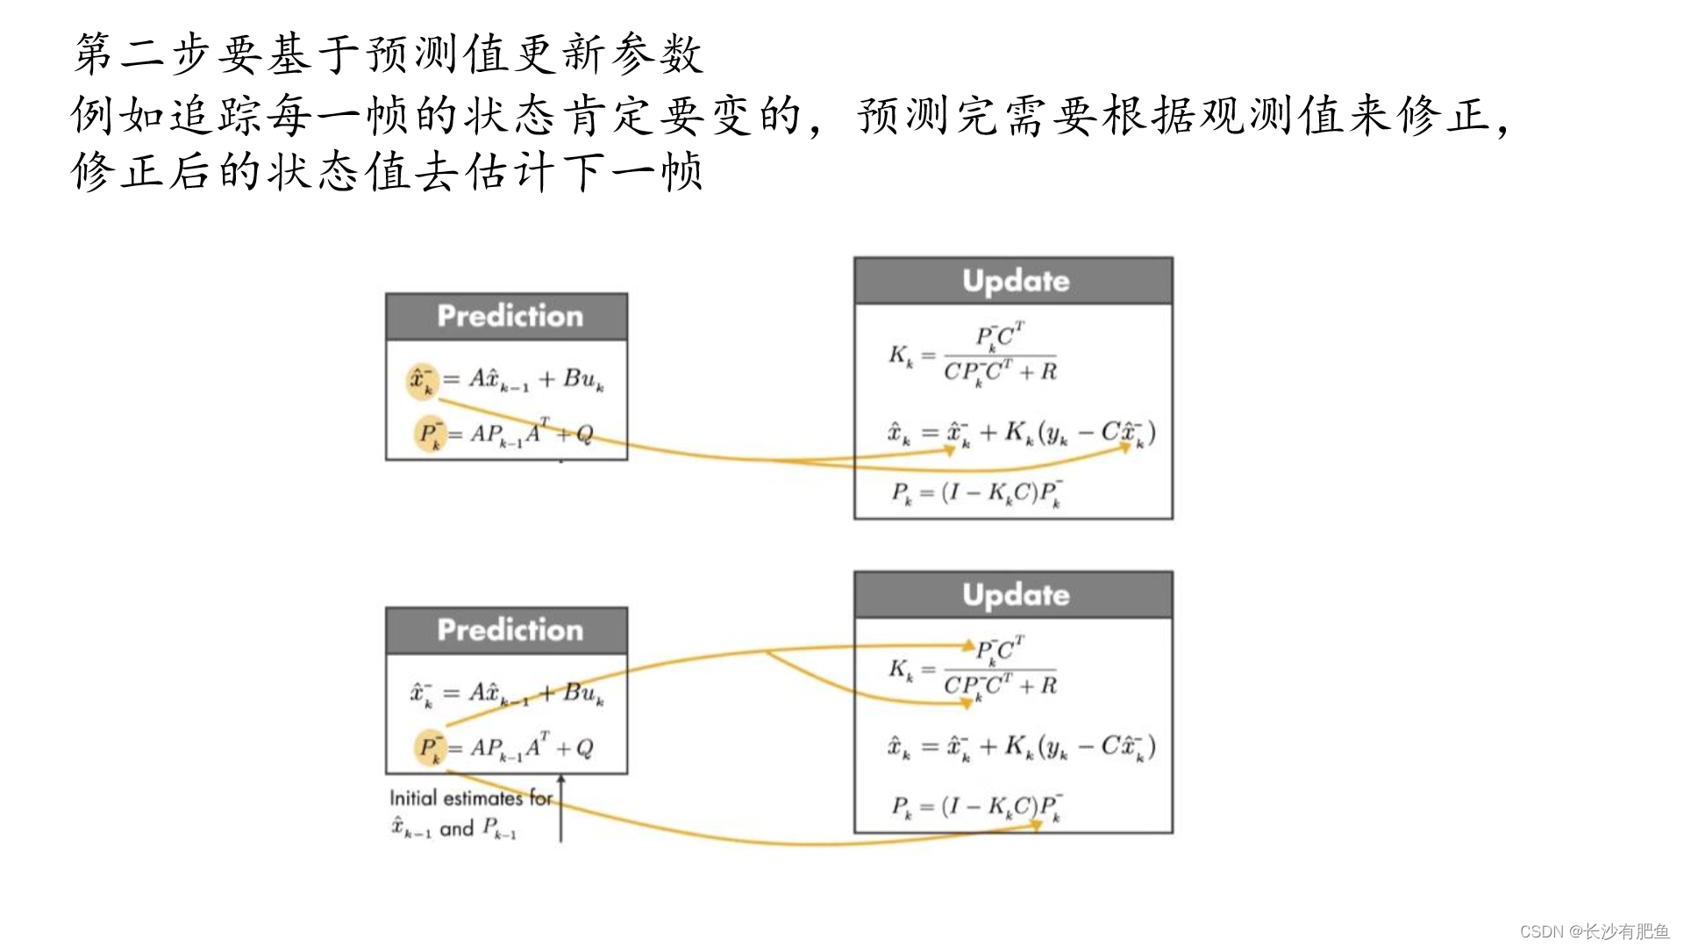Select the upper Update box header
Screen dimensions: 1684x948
coord(1014,281)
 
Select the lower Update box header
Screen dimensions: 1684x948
coord(1014,595)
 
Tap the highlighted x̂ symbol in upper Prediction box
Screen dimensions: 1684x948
coord(421,379)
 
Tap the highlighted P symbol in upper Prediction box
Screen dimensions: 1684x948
coord(429,434)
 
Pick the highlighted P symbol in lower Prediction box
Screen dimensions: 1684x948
coord(429,748)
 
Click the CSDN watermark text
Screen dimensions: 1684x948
coord(1594,931)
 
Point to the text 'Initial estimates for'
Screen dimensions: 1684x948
coord(470,798)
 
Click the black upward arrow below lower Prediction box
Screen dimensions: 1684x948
coord(561,808)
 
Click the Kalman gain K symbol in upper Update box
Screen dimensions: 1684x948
coord(900,355)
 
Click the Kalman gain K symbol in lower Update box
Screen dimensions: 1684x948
coord(900,670)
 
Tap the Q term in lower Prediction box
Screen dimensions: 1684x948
coord(584,748)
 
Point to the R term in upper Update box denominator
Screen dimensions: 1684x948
coord(1048,371)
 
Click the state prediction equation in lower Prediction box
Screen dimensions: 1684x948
coord(507,693)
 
